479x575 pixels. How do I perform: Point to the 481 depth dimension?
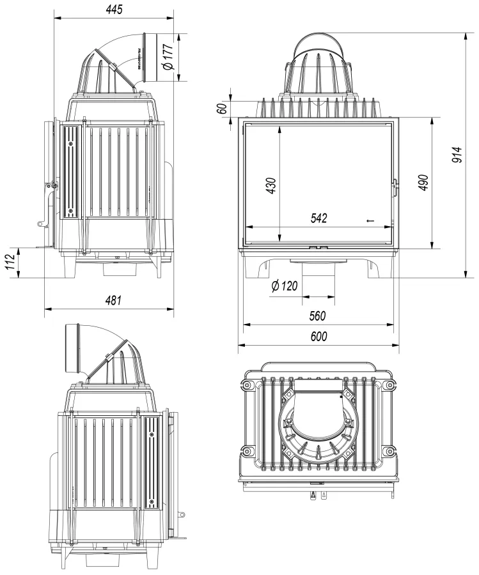(113, 300)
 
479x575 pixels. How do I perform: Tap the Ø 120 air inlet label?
(285, 286)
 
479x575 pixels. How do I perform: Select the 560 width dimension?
(317, 316)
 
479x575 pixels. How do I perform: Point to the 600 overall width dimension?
(317, 337)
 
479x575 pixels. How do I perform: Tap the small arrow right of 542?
(370, 221)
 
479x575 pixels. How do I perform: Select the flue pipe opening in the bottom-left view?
(70, 349)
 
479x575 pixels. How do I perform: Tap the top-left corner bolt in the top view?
(246, 385)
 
